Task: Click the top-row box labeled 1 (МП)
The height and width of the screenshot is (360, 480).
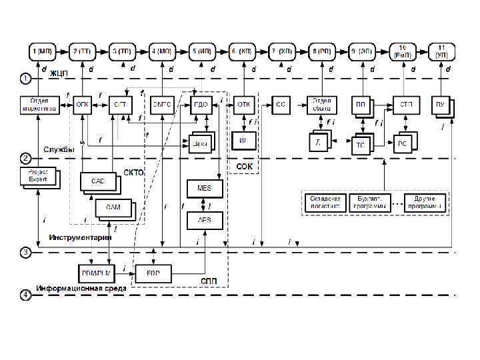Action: pos(43,51)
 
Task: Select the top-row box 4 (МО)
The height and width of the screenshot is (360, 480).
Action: pos(162,51)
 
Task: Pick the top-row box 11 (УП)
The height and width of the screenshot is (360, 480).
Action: pos(441,51)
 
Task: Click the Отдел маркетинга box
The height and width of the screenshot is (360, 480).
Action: pos(39,104)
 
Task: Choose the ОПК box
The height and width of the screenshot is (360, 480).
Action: pos(83,104)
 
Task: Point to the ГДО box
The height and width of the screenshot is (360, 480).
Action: pos(203,104)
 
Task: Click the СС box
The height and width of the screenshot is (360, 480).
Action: pos(281,104)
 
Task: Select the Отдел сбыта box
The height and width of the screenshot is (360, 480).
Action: pos(323,104)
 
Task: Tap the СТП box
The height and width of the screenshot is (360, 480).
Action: pos(405,104)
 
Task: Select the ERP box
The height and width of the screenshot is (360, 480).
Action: pos(153,273)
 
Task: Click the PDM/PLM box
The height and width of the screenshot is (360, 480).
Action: pos(93,273)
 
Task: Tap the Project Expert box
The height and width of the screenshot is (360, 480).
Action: pos(37,175)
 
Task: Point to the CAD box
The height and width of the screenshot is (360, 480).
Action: pos(98,181)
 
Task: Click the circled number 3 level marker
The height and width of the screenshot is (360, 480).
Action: pos(25,253)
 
